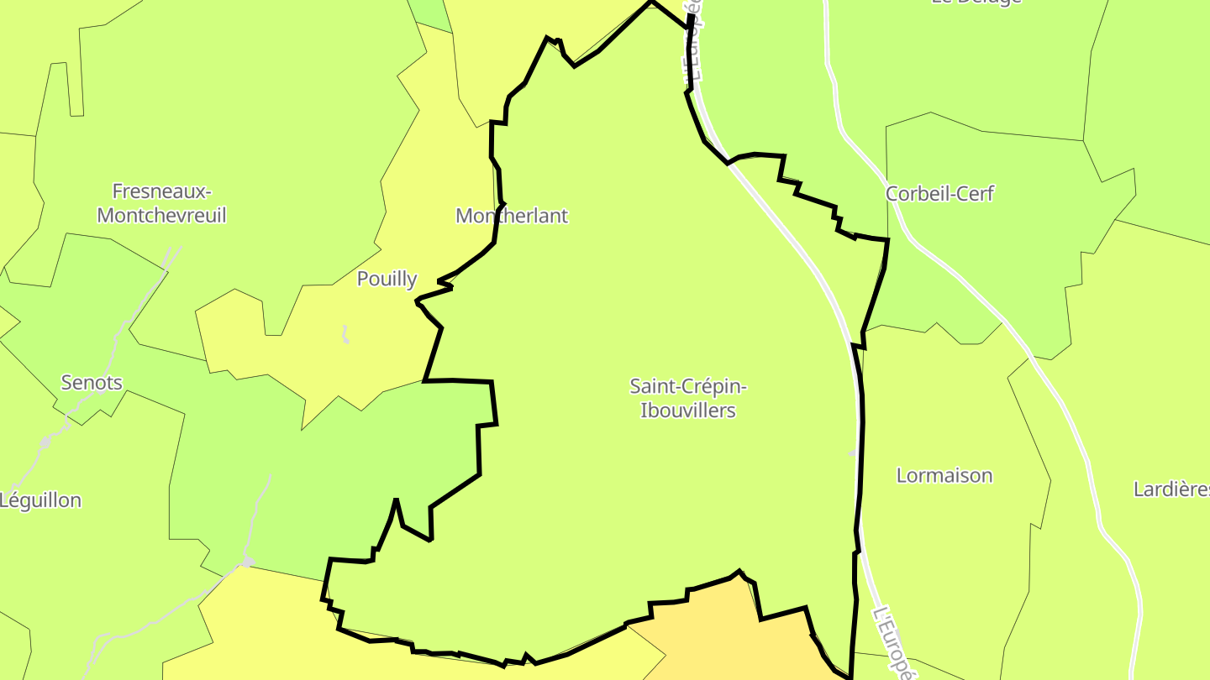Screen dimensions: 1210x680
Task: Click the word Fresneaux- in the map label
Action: [x=161, y=191]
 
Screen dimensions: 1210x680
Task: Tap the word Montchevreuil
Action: [x=161, y=215]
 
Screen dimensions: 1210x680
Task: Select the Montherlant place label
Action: [x=512, y=216]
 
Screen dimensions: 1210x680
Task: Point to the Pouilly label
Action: [x=387, y=279]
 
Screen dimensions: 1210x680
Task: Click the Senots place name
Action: [x=92, y=383]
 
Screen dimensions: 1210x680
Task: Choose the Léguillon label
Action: [x=40, y=500]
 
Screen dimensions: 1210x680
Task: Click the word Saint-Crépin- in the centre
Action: [x=688, y=386]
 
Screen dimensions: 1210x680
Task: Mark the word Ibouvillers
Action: [x=688, y=411]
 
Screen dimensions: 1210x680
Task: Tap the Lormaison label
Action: [x=944, y=475]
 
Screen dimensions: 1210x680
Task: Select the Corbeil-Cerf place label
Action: [x=939, y=194]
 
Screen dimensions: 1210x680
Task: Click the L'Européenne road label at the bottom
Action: [x=893, y=643]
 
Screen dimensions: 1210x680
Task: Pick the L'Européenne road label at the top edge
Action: [x=696, y=42]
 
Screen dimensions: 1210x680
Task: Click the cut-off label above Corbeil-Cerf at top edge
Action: [x=976, y=3]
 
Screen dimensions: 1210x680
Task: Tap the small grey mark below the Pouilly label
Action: [x=345, y=335]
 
